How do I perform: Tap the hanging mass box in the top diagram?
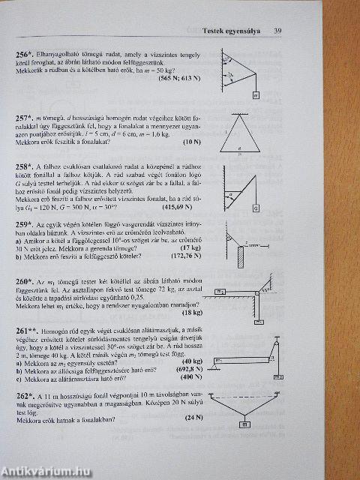click(x=256, y=95)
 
